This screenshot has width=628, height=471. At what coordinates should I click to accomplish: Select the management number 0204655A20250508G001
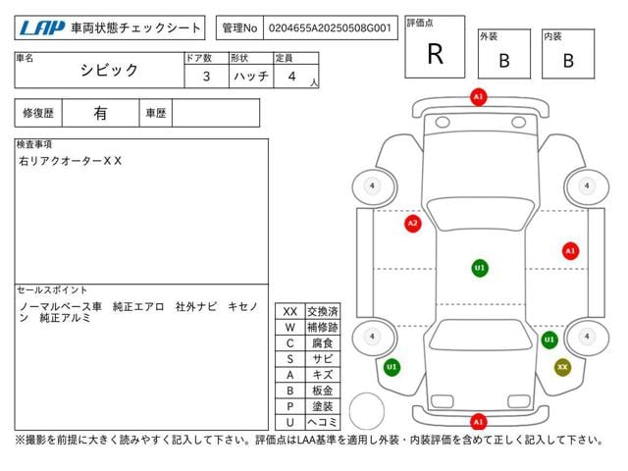tap(332, 28)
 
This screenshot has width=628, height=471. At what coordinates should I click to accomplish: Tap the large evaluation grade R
tap(435, 54)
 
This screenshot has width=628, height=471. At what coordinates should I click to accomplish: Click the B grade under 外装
tap(504, 60)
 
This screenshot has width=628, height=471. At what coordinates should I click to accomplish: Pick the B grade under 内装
tap(568, 60)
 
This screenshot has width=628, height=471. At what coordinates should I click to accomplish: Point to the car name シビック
tap(109, 71)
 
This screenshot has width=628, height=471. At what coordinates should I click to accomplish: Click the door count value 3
tap(205, 75)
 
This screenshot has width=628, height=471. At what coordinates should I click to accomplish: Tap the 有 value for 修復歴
tap(100, 113)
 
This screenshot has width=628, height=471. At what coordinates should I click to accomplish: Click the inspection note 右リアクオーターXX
tap(71, 160)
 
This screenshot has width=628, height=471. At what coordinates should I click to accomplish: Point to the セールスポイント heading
tap(53, 290)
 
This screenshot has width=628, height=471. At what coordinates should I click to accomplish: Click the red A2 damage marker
tap(412, 224)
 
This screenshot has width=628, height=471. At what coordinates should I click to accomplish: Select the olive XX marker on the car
tap(562, 367)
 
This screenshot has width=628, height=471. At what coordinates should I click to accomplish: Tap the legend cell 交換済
tap(322, 311)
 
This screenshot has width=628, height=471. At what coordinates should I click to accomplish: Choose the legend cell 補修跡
tap(322, 327)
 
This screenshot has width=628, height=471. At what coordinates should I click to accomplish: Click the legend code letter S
tap(289, 359)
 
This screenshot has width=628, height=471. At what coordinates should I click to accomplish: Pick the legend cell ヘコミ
tap(322, 422)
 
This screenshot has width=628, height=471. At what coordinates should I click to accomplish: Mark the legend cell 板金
tap(322, 391)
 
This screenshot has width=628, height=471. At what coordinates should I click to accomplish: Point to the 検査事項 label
tap(35, 144)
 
